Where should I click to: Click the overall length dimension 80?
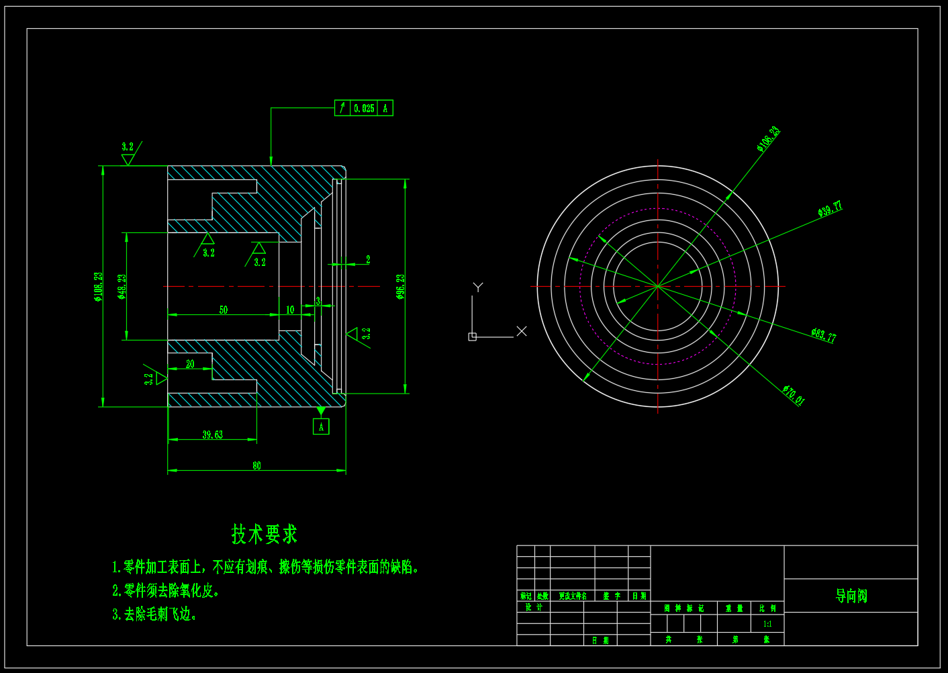click(x=256, y=465)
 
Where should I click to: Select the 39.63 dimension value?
click(x=213, y=435)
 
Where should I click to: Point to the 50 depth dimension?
click(x=224, y=310)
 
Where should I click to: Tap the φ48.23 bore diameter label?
click(x=122, y=286)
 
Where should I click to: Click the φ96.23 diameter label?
click(x=401, y=286)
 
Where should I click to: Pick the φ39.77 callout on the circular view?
click(x=830, y=209)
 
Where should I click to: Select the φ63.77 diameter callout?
click(x=823, y=335)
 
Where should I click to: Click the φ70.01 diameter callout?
click(x=793, y=395)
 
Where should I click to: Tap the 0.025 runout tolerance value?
click(x=364, y=108)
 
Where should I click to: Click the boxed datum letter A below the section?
click(x=321, y=427)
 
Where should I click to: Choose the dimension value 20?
click(x=190, y=364)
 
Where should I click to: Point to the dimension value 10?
click(x=290, y=310)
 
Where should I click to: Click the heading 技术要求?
click(x=264, y=535)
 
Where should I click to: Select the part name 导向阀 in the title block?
click(x=851, y=596)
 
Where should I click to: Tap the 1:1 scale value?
click(x=767, y=624)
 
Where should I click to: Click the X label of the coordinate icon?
click(x=522, y=331)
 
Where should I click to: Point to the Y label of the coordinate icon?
click(x=478, y=287)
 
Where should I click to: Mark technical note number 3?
click(x=154, y=614)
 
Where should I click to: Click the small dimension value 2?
click(x=368, y=259)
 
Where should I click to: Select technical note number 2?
click(x=166, y=590)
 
